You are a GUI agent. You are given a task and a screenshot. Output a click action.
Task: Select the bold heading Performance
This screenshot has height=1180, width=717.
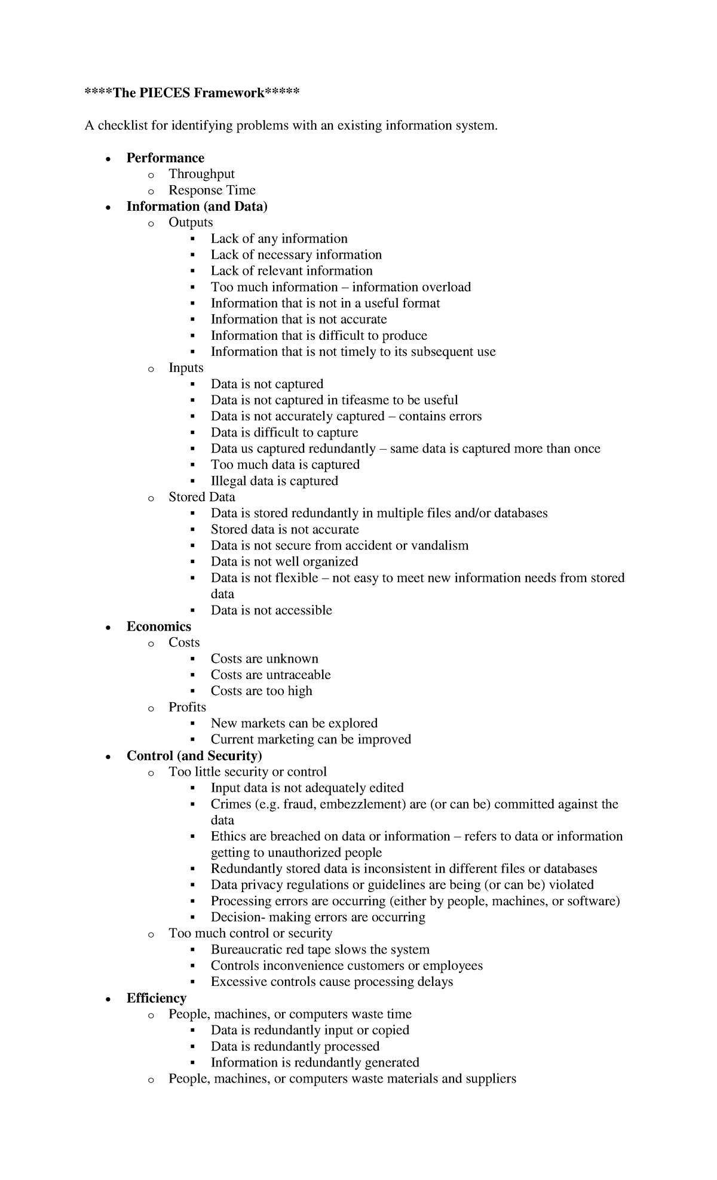(x=165, y=158)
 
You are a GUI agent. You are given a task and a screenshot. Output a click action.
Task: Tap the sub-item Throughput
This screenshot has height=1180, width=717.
(x=201, y=174)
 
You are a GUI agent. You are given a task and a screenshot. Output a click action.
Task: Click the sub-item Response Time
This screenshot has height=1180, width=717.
(x=212, y=190)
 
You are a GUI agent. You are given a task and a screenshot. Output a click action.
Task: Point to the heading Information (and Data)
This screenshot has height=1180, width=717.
(x=197, y=206)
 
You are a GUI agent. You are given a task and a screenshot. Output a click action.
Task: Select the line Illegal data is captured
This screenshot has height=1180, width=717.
(x=274, y=481)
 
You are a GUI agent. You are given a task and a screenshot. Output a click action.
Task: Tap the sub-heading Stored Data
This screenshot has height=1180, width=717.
(x=201, y=497)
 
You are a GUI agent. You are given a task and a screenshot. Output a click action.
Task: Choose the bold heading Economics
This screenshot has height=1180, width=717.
(x=158, y=626)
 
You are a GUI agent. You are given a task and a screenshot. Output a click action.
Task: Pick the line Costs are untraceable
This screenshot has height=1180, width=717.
(x=270, y=675)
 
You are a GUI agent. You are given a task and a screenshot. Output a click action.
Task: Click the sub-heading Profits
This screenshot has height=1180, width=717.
(x=187, y=707)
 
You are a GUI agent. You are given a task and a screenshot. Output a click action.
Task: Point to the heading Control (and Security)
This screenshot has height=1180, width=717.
(x=194, y=755)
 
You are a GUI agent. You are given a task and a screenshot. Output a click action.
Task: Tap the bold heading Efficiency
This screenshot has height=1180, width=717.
(x=156, y=998)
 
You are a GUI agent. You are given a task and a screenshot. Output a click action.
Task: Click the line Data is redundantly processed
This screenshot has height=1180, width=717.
(x=295, y=1046)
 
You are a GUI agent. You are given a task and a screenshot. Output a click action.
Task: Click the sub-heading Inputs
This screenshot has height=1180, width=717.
(x=186, y=368)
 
